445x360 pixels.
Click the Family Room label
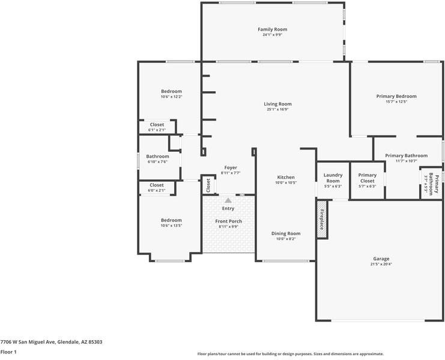click(272, 29)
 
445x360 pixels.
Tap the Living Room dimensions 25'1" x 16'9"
click(277, 109)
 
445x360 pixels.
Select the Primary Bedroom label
click(396, 96)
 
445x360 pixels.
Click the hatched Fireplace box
click(322, 219)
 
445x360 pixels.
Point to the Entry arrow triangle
click(228, 200)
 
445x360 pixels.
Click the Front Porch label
click(228, 221)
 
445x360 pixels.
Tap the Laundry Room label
click(333, 178)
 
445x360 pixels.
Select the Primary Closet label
click(368, 178)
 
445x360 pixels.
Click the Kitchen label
click(286, 177)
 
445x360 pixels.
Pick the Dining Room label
click(286, 233)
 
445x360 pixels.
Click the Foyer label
click(231, 167)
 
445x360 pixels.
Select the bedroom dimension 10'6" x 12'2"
click(171, 97)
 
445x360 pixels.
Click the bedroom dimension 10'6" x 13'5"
click(171, 226)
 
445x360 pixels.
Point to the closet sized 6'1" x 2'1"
click(157, 127)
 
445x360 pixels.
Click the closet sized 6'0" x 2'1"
click(157, 187)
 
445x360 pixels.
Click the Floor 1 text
click(8, 352)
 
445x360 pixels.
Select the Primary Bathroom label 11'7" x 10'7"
click(406, 155)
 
